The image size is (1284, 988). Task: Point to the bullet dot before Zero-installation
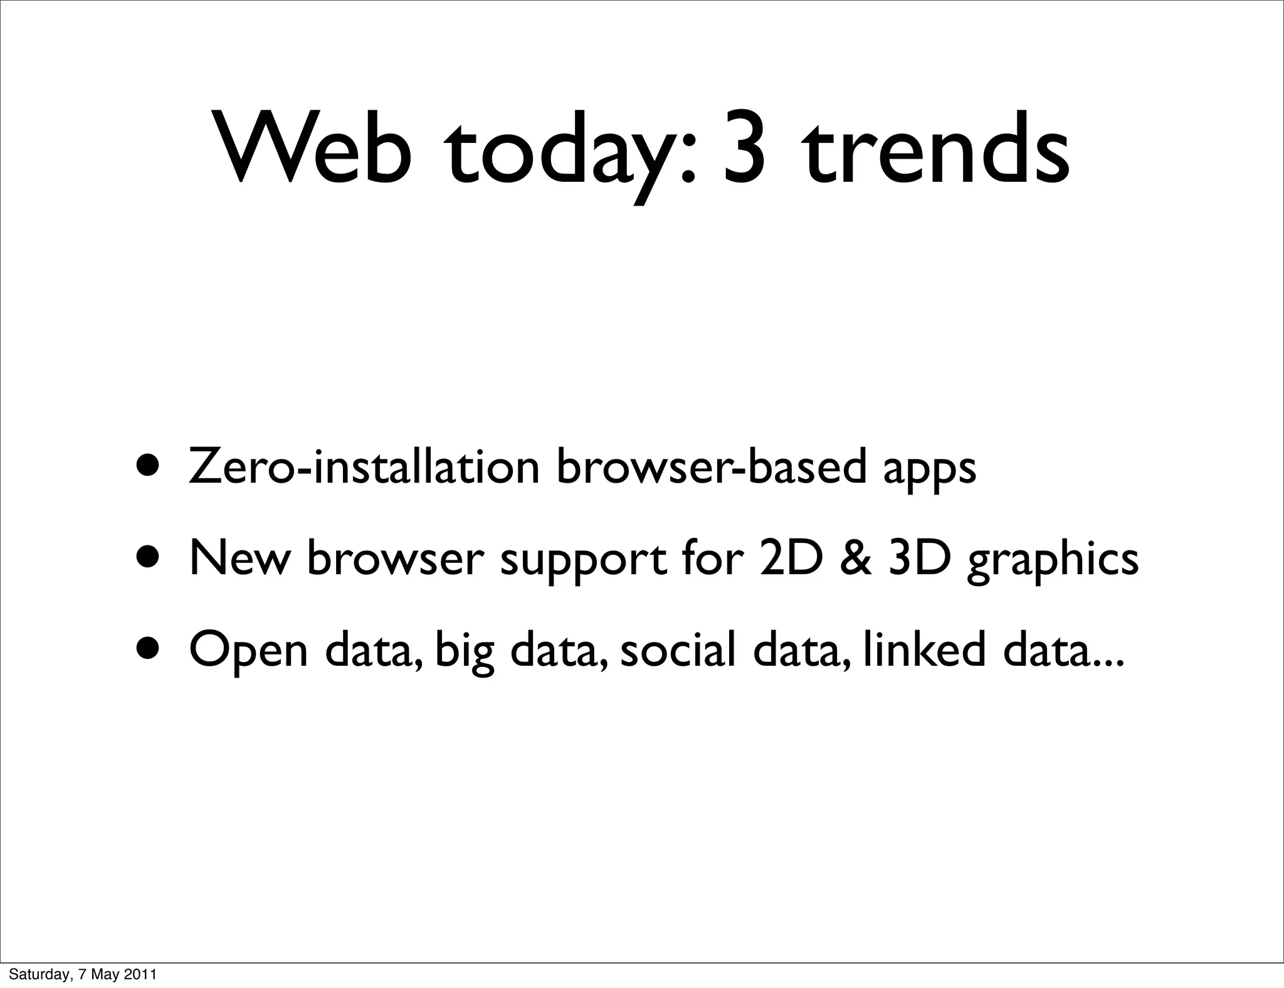pos(149,467)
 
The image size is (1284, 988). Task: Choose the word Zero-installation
pos(364,467)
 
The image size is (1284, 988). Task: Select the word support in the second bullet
pos(583,559)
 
